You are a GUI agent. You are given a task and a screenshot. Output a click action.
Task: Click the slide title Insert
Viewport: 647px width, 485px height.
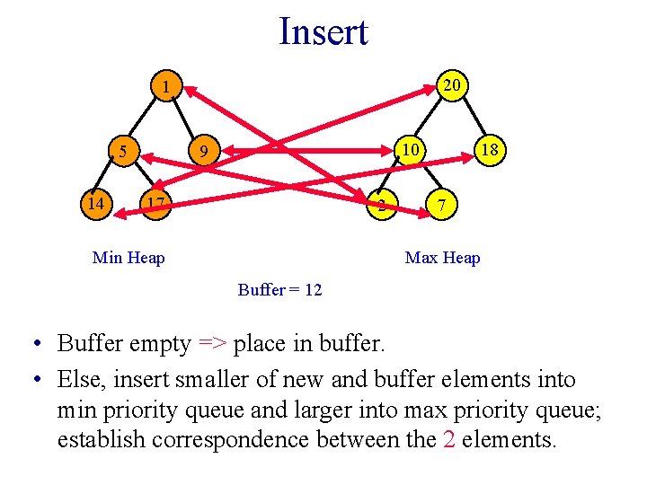[x=323, y=31]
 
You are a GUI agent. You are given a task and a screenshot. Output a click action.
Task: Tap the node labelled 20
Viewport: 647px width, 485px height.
[x=453, y=84]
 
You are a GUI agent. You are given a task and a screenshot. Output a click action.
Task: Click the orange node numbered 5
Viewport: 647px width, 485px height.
[x=123, y=150]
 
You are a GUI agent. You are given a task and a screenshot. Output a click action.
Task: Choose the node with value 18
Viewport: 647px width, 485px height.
[x=490, y=150]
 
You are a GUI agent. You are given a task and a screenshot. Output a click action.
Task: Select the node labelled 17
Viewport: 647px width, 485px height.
[x=155, y=204]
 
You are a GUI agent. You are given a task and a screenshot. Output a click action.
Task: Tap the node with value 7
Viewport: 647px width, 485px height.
[x=439, y=206]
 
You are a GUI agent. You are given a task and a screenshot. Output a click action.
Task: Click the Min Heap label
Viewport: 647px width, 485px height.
[x=129, y=259]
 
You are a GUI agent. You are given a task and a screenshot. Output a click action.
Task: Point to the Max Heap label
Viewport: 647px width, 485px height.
[x=442, y=259]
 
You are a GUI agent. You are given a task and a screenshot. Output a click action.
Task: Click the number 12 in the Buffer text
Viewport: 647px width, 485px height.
[x=312, y=290]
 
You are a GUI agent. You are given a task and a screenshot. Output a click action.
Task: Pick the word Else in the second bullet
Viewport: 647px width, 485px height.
[x=79, y=379]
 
